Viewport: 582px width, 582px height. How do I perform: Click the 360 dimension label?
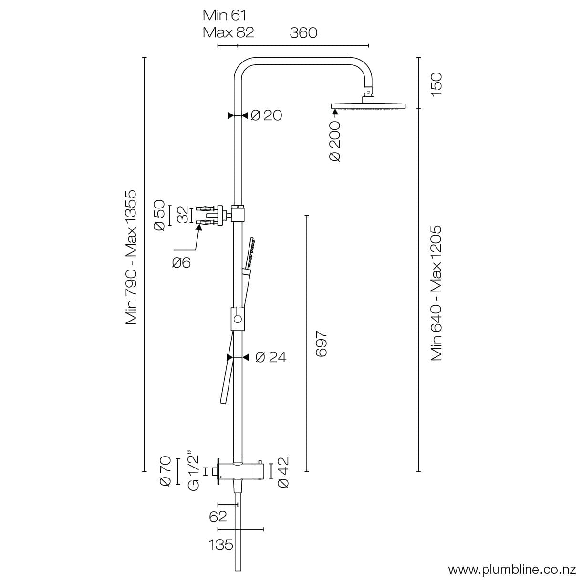pyautogui.click(x=303, y=32)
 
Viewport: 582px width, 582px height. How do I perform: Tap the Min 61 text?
pyautogui.click(x=224, y=15)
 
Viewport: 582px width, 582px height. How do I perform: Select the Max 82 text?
pyautogui.click(x=228, y=32)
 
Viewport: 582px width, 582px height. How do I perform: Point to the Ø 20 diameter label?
pyautogui.click(x=266, y=115)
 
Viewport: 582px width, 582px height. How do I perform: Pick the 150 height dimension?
pyautogui.click(x=436, y=84)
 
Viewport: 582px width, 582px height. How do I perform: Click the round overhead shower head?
pyautogui.click(x=368, y=106)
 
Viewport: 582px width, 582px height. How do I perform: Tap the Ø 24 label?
pyautogui.click(x=271, y=357)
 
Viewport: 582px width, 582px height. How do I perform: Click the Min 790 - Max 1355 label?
pyautogui.click(x=131, y=258)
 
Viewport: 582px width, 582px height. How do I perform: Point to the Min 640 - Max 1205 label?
pyautogui.click(x=436, y=293)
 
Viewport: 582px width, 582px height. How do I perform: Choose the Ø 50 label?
pyautogui.click(x=160, y=216)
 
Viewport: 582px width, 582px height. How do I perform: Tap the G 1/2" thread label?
pyautogui.click(x=193, y=470)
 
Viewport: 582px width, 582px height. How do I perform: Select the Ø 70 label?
pyautogui.click(x=165, y=471)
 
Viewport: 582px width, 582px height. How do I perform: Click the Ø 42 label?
pyautogui.click(x=283, y=472)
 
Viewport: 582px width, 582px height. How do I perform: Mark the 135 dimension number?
pyautogui.click(x=221, y=544)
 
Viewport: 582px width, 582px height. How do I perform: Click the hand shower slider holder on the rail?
pyautogui.click(x=238, y=319)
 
